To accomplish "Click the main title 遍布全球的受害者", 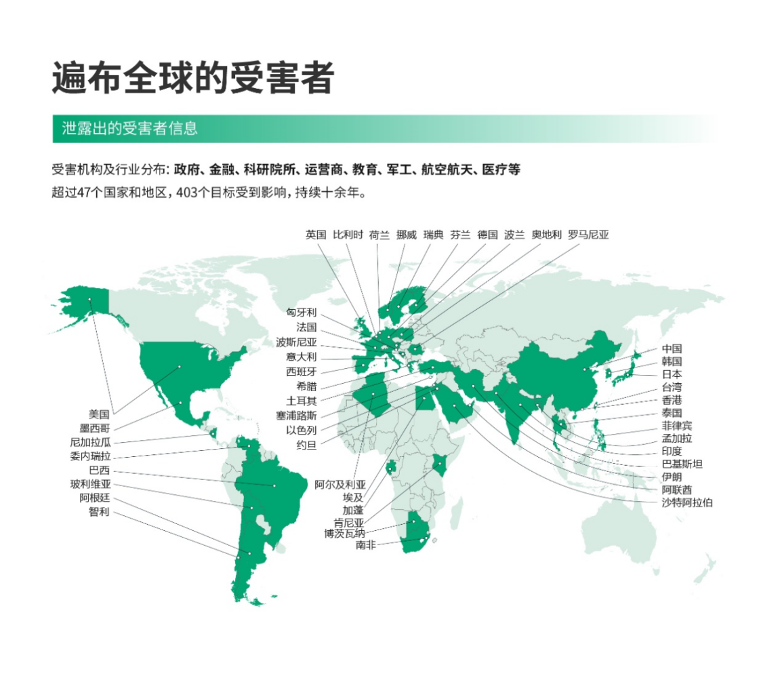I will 192,78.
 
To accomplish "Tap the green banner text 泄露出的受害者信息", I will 129,129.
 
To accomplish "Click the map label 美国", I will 99,414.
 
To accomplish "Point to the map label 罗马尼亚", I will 588,235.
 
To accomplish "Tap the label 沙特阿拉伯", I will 686,502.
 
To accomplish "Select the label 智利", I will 99,513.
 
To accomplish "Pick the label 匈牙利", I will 302,313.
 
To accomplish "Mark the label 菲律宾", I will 677,426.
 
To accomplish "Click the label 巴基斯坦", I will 682,464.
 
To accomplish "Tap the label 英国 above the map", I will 316,235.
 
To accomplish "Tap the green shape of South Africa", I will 412,539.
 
